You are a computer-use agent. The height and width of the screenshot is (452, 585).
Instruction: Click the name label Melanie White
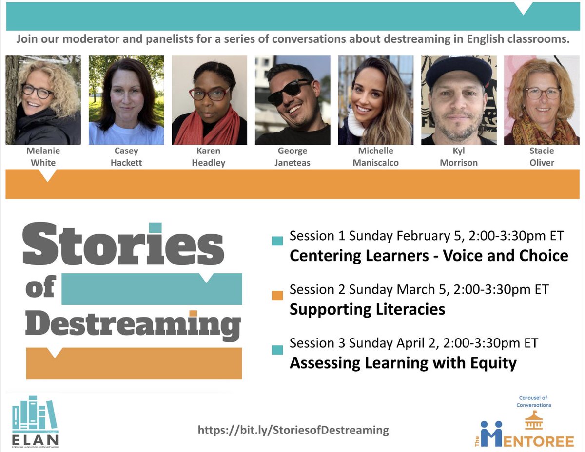(43, 157)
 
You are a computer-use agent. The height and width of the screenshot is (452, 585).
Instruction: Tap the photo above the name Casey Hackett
(126, 100)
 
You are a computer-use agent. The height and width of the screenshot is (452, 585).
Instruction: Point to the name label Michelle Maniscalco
(375, 157)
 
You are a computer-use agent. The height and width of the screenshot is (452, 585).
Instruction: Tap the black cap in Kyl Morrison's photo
(459, 70)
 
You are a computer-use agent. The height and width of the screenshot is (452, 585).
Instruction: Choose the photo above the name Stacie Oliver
(541, 100)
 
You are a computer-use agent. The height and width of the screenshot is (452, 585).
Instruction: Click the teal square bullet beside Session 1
(277, 241)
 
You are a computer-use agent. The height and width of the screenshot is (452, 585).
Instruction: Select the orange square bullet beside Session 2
(277, 295)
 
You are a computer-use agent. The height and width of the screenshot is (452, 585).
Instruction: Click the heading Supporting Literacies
(367, 309)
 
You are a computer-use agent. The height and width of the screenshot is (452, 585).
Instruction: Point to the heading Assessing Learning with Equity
(403, 363)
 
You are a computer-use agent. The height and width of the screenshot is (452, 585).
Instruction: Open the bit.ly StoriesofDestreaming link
(293, 430)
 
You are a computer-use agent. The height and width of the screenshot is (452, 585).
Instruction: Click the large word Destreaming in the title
(133, 324)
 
